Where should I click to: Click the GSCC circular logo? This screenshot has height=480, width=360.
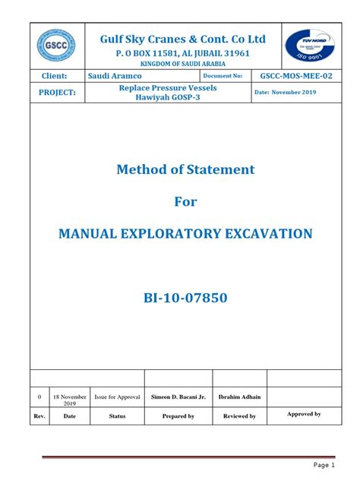pos(55,47)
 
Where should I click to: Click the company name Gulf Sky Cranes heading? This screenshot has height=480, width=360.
pos(183,39)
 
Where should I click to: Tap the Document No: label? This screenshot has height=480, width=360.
pos(223,77)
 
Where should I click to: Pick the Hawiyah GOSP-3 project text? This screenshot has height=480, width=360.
pos(153,99)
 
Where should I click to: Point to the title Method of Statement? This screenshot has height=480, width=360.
pos(185,169)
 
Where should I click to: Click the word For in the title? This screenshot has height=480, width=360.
pos(185,201)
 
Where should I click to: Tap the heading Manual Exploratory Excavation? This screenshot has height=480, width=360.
pos(185,234)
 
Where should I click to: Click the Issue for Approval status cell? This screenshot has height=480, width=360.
pos(117,397)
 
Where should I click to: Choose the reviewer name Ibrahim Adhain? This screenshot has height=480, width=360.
pos(239,397)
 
